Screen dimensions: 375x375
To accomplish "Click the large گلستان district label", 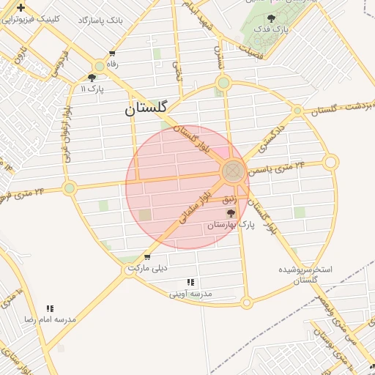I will coord(144,110).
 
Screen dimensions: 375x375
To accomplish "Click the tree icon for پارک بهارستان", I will coord(231,214).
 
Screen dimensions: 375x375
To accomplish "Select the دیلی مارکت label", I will coord(148,268).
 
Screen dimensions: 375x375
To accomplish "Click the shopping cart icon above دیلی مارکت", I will coord(147,257).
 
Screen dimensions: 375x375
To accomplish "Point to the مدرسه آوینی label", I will coord(190,293).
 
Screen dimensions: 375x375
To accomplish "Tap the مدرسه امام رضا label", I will coord(51,320).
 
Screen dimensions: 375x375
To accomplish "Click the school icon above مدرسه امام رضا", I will coord(50,309).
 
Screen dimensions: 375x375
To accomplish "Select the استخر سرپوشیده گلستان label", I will coord(305,275).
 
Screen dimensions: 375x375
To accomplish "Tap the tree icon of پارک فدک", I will coord(272,18).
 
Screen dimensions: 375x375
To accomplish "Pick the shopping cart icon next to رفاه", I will coord(112,53).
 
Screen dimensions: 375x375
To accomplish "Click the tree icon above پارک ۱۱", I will coord(92,77).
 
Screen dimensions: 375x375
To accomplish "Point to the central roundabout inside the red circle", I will coord(232,172).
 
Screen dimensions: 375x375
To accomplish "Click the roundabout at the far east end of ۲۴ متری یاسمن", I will coord(330,162).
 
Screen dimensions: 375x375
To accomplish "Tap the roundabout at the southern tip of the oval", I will coord(247,302).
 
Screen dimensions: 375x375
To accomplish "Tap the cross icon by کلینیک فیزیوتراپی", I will coord(21,8).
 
